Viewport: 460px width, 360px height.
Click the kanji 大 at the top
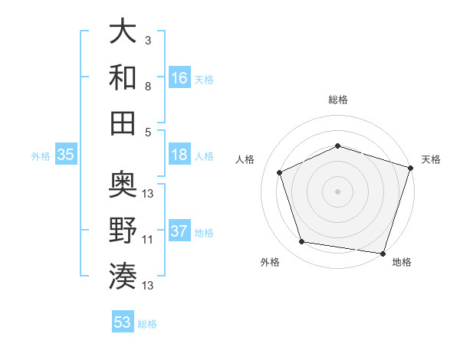(x=123, y=31)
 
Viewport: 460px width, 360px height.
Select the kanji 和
(x=123, y=77)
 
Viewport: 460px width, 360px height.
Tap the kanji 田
(x=123, y=123)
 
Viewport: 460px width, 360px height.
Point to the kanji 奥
(x=123, y=184)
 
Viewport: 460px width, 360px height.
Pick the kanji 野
(x=123, y=230)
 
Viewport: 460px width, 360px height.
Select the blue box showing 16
(x=179, y=77)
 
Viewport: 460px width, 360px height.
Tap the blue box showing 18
(x=179, y=155)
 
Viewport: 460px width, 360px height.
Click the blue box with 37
(x=179, y=231)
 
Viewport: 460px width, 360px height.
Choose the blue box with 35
(x=66, y=155)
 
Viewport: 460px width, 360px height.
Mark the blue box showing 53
(x=123, y=322)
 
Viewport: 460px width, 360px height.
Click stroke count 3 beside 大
(x=148, y=39)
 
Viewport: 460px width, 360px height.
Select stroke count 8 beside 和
(x=148, y=86)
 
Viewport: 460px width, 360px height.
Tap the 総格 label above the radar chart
(x=337, y=100)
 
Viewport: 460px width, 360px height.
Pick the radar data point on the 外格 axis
(x=302, y=242)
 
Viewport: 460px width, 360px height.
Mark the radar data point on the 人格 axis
(x=280, y=173)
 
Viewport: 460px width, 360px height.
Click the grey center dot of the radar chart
(x=337, y=191)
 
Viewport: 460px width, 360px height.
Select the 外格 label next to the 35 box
(x=41, y=155)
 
